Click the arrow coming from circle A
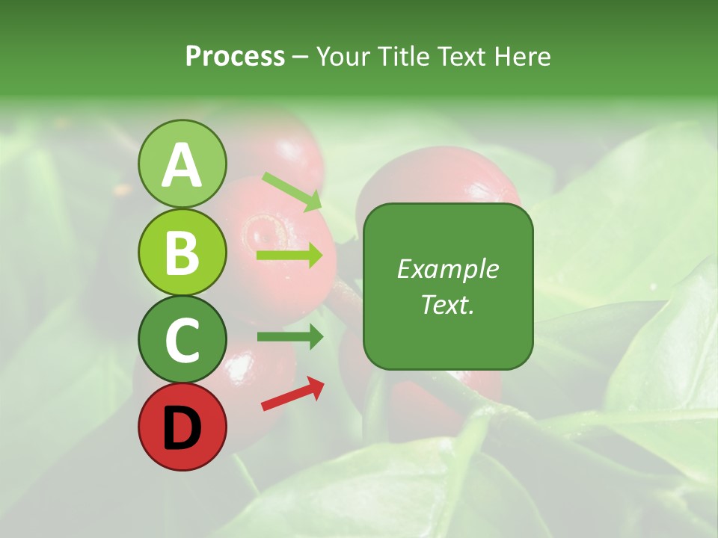coord(292,191)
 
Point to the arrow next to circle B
coord(289,256)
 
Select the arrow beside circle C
coord(289,337)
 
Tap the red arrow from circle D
coord(292,394)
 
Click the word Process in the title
coord(235,56)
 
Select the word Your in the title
coord(344,56)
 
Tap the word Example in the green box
coord(447,270)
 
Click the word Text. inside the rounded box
coord(447,304)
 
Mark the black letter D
coord(182,428)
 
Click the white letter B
coord(182,253)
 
